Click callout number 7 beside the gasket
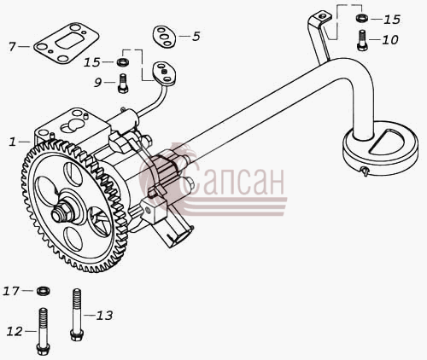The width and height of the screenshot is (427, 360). [x=12, y=47]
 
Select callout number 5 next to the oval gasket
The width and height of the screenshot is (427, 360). [x=196, y=37]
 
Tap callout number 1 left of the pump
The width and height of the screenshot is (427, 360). [x=12, y=142]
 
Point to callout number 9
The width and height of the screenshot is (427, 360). [x=97, y=83]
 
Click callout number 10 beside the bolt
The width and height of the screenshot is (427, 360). [x=390, y=40]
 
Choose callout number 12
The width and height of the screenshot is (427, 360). [x=15, y=331]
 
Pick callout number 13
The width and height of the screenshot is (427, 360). [x=104, y=316]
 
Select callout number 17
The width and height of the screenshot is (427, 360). [x=11, y=291]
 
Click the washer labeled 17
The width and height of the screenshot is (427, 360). [x=44, y=291]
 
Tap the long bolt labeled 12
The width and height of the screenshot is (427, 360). [x=43, y=331]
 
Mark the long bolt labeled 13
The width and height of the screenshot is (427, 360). [x=77, y=315]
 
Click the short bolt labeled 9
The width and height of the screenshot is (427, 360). [x=123, y=84]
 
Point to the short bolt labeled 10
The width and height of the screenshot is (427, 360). [x=362, y=40]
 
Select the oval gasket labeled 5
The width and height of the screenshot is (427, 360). [x=164, y=37]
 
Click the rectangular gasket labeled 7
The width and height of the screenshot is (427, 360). [x=67, y=44]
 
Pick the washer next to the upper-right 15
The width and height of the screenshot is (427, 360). [x=361, y=18]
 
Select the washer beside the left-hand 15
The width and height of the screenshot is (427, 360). [x=123, y=61]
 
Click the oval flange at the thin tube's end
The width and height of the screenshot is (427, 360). [x=164, y=73]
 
